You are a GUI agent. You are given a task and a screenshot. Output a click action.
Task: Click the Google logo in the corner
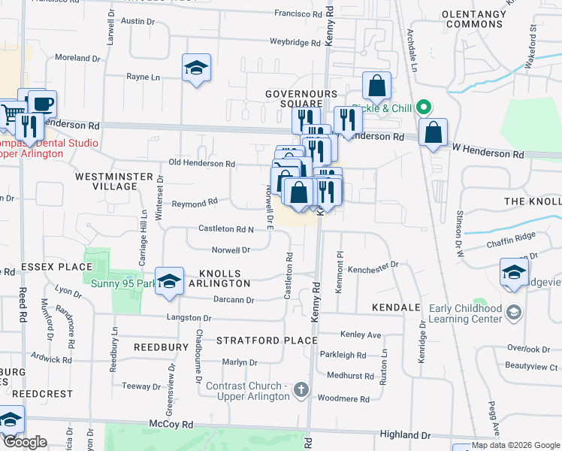(x=25, y=442)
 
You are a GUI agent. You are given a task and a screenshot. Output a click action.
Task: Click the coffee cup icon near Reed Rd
(x=42, y=103)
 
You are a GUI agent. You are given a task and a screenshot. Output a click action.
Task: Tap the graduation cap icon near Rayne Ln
(x=196, y=68)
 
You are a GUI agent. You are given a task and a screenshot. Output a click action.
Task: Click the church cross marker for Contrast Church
(x=301, y=389)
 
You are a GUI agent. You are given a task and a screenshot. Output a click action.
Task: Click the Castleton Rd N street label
(x=225, y=229)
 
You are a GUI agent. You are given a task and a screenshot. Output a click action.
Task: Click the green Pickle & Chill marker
(x=424, y=108)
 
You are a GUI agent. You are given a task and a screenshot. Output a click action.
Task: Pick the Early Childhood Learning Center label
(x=466, y=313)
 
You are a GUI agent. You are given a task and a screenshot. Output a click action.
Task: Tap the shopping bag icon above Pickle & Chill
(x=377, y=86)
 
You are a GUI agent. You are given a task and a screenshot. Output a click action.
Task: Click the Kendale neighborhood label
(x=395, y=308)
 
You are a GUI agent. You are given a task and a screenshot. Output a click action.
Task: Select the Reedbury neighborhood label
(x=161, y=347)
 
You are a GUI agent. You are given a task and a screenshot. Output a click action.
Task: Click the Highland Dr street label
(x=405, y=434)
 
